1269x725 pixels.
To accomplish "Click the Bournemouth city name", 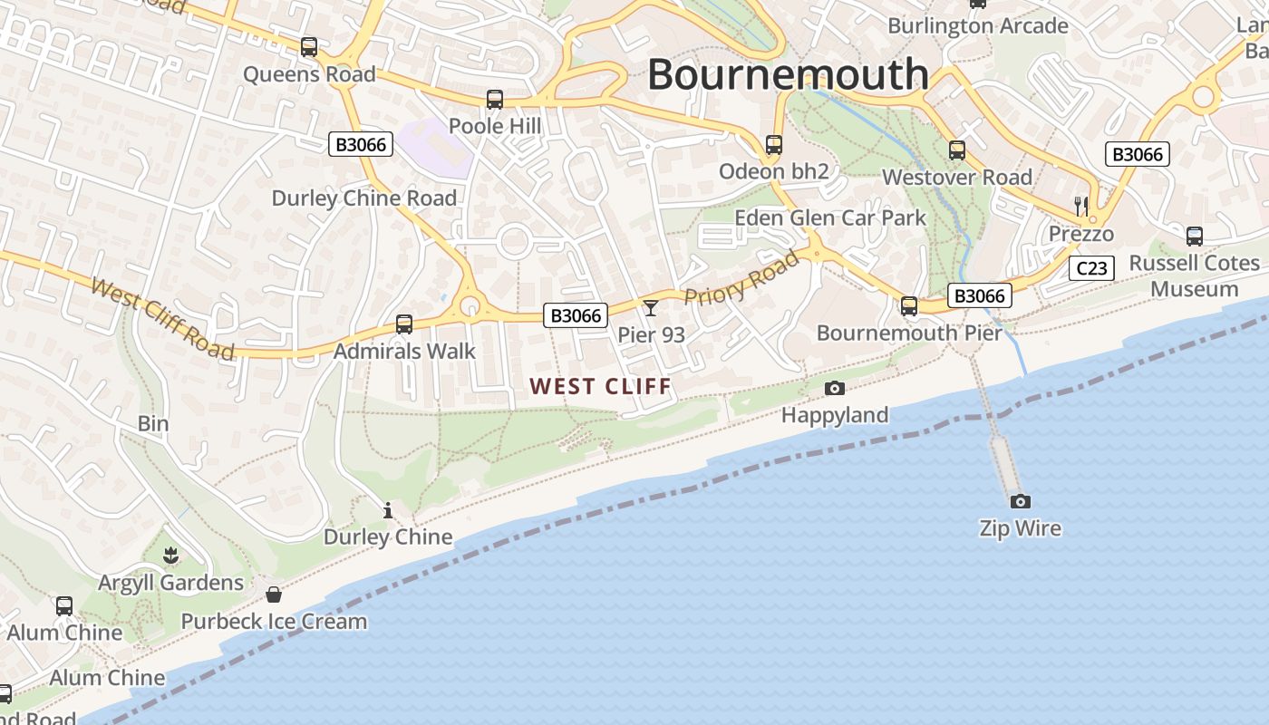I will click(x=788, y=73).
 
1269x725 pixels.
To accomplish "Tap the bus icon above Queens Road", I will click(x=309, y=46).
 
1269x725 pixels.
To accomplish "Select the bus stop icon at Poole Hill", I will click(x=494, y=100).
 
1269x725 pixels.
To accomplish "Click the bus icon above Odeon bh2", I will click(x=773, y=145).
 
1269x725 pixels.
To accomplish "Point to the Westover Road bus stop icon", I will click(x=957, y=150).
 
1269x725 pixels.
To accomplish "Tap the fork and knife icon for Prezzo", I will click(x=1080, y=206).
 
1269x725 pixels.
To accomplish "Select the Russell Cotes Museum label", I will click(x=1194, y=275).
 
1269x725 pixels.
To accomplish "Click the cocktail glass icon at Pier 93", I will click(x=651, y=308).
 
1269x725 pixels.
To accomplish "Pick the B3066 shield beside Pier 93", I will click(x=576, y=315).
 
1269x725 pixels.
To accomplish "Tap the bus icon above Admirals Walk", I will click(x=404, y=324).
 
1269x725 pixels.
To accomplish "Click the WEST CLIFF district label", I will click(x=601, y=387).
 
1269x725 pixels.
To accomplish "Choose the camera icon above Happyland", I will click(x=835, y=389).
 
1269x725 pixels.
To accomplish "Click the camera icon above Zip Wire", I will click(x=1020, y=501).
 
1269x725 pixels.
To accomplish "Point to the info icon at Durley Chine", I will click(x=388, y=511).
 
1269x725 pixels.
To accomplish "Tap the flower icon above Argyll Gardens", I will click(x=170, y=556).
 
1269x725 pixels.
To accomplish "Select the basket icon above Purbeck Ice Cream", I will click(x=273, y=594).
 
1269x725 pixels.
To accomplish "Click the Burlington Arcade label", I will click(x=978, y=26).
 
